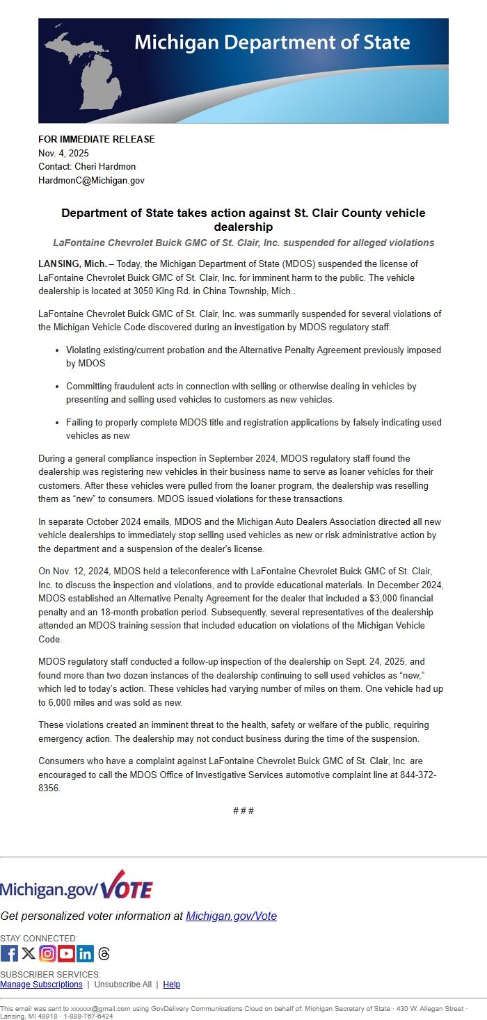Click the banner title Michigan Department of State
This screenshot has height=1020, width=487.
click(272, 42)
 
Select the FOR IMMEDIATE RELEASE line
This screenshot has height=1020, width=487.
click(97, 139)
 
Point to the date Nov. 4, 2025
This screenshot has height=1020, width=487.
click(63, 153)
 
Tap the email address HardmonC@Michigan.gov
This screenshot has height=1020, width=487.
click(91, 180)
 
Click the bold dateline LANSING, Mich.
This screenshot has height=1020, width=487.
click(72, 264)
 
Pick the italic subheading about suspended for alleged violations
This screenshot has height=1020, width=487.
click(243, 243)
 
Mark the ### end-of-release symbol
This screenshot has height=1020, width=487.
click(243, 811)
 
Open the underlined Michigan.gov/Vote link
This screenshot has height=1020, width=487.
click(231, 916)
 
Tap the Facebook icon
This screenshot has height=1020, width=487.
click(9, 953)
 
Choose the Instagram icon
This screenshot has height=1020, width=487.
click(47, 953)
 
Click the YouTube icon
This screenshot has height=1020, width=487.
click(66, 953)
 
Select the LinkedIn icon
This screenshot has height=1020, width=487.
click(85, 953)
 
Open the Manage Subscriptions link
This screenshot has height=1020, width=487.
click(41, 984)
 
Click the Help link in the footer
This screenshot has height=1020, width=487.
click(172, 984)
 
